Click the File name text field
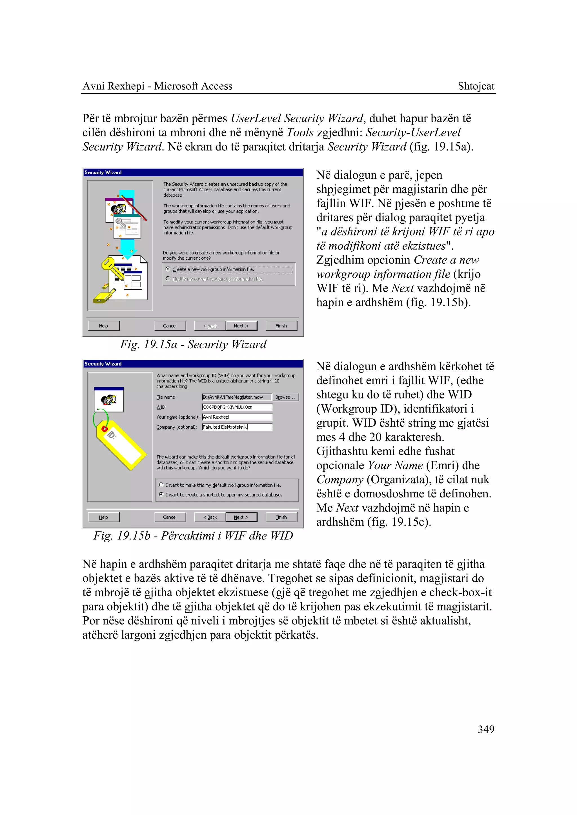coord(236,397)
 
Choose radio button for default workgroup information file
coord(161,485)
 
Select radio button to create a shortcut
coord(161,494)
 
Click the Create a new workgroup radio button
coord(168,269)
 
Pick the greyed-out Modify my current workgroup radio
coord(168,279)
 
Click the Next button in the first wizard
coord(241,325)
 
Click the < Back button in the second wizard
coord(210,517)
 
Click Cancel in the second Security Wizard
coord(170,517)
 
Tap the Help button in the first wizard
coord(103,325)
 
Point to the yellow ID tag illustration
coord(121,444)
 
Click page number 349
coord(486,730)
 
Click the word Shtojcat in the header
coord(476,86)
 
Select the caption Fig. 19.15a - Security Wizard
coord(193,344)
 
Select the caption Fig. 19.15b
coord(193,536)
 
